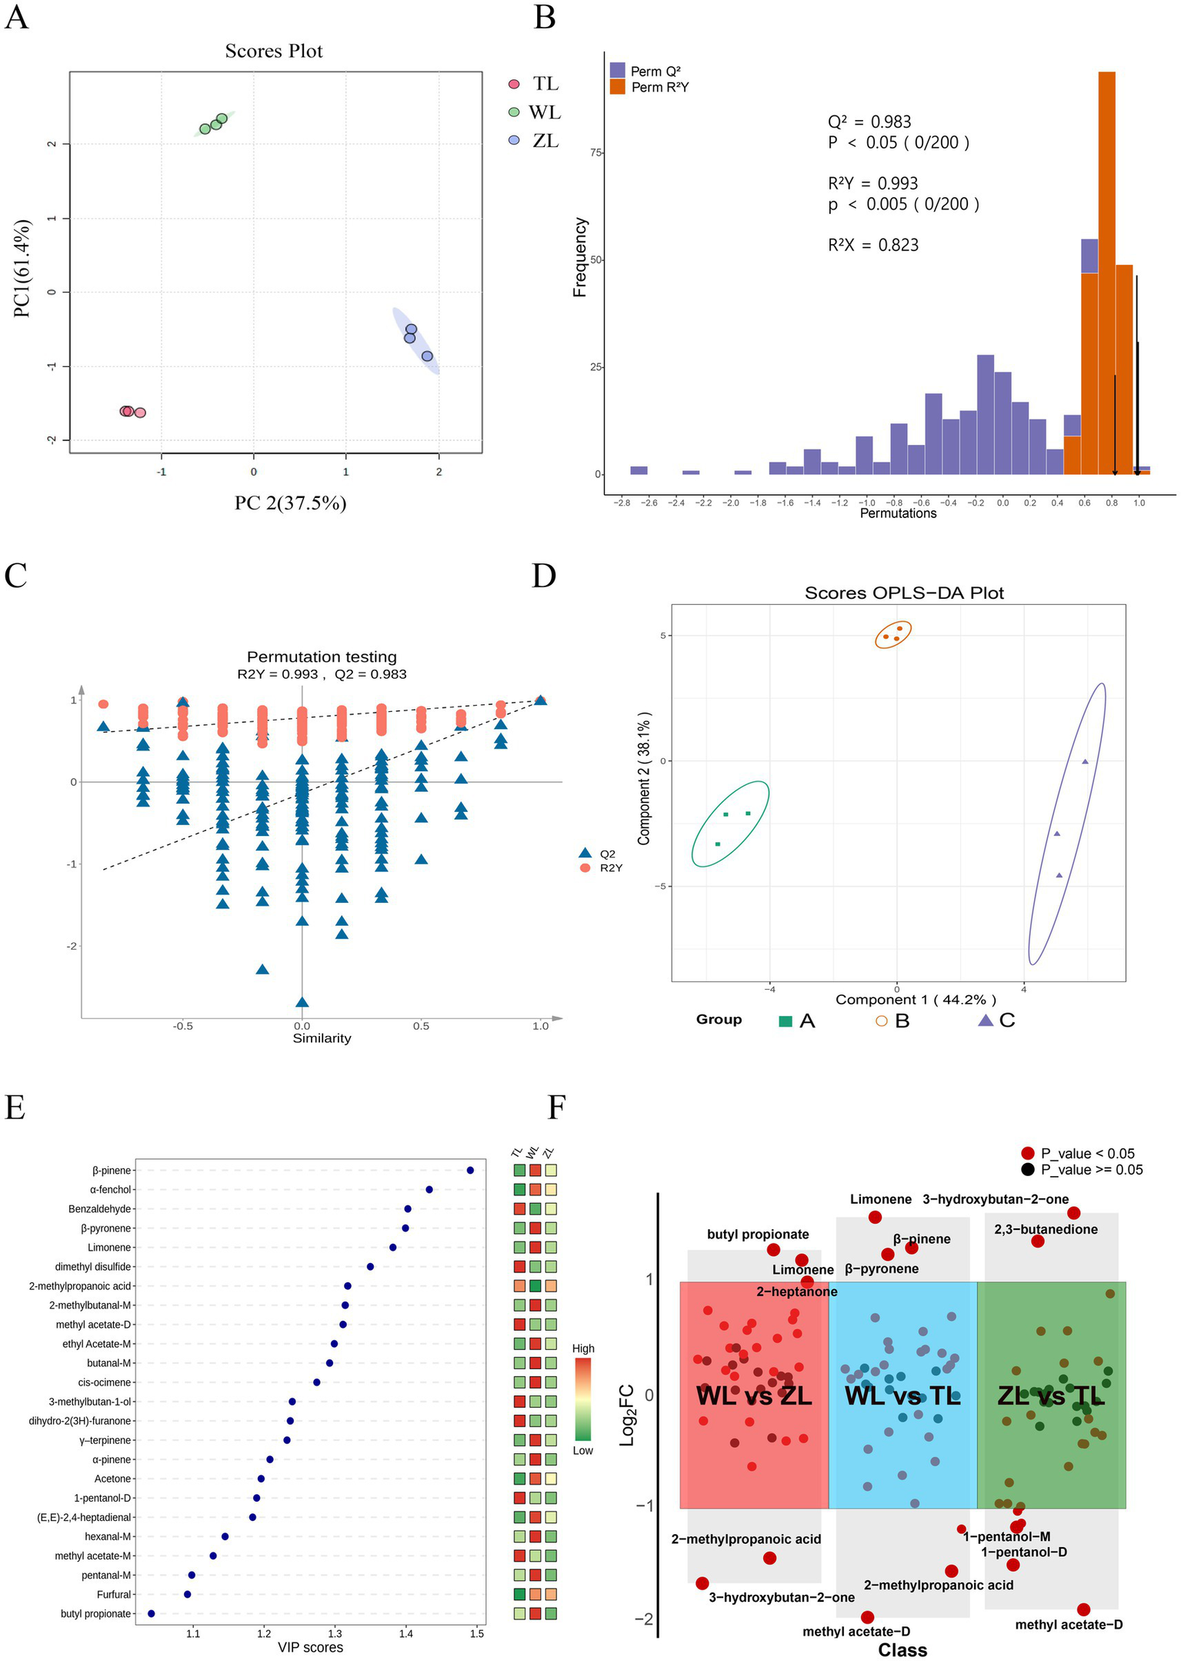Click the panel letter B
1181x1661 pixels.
click(544, 17)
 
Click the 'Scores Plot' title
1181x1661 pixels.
click(274, 51)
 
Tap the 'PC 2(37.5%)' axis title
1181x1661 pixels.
click(290, 503)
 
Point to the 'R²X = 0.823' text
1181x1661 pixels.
click(873, 245)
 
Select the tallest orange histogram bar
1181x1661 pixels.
click(1106, 269)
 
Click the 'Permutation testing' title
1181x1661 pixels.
click(322, 657)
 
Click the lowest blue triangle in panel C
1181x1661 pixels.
click(302, 1001)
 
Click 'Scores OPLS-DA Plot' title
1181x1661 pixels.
click(904, 593)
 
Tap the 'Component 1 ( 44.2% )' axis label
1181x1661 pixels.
click(916, 999)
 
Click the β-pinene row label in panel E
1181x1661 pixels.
click(112, 1170)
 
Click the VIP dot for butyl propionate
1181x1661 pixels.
click(151, 1613)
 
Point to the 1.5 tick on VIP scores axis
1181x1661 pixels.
click(477, 1633)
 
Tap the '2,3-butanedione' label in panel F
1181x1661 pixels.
click(1046, 1229)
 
